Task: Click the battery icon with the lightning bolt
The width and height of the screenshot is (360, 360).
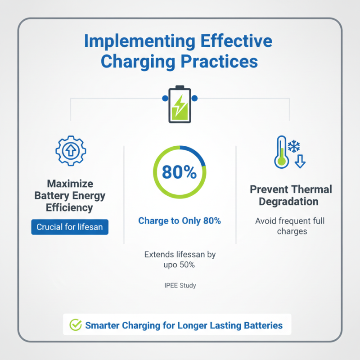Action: pyautogui.click(x=179, y=104)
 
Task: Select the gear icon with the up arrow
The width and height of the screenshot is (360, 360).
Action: pyautogui.click(x=71, y=151)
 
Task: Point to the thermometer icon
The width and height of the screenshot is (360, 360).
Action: pyautogui.click(x=281, y=153)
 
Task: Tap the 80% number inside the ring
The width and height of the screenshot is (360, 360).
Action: pyautogui.click(x=179, y=172)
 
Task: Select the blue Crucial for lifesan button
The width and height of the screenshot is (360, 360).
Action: pyautogui.click(x=70, y=227)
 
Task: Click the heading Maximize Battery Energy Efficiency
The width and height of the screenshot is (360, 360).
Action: pyautogui.click(x=70, y=196)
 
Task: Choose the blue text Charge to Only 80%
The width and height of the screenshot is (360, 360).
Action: pyautogui.click(x=180, y=221)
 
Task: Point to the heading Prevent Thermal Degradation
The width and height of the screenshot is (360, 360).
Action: pyautogui.click(x=291, y=195)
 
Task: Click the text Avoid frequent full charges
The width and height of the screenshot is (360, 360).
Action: pyautogui.click(x=290, y=226)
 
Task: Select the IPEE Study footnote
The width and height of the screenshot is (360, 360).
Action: pyautogui.click(x=180, y=285)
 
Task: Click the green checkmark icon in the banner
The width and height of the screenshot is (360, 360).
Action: pyautogui.click(x=75, y=324)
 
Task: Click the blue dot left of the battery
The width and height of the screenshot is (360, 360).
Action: pyautogui.click(x=163, y=98)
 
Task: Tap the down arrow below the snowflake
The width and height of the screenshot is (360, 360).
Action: pyautogui.click(x=300, y=161)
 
